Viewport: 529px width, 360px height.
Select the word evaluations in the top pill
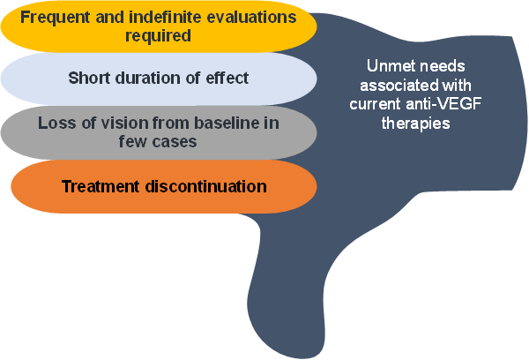247,17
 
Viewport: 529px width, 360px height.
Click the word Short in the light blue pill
89,78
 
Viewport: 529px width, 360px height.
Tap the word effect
227,78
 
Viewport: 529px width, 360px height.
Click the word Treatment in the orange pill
100,186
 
